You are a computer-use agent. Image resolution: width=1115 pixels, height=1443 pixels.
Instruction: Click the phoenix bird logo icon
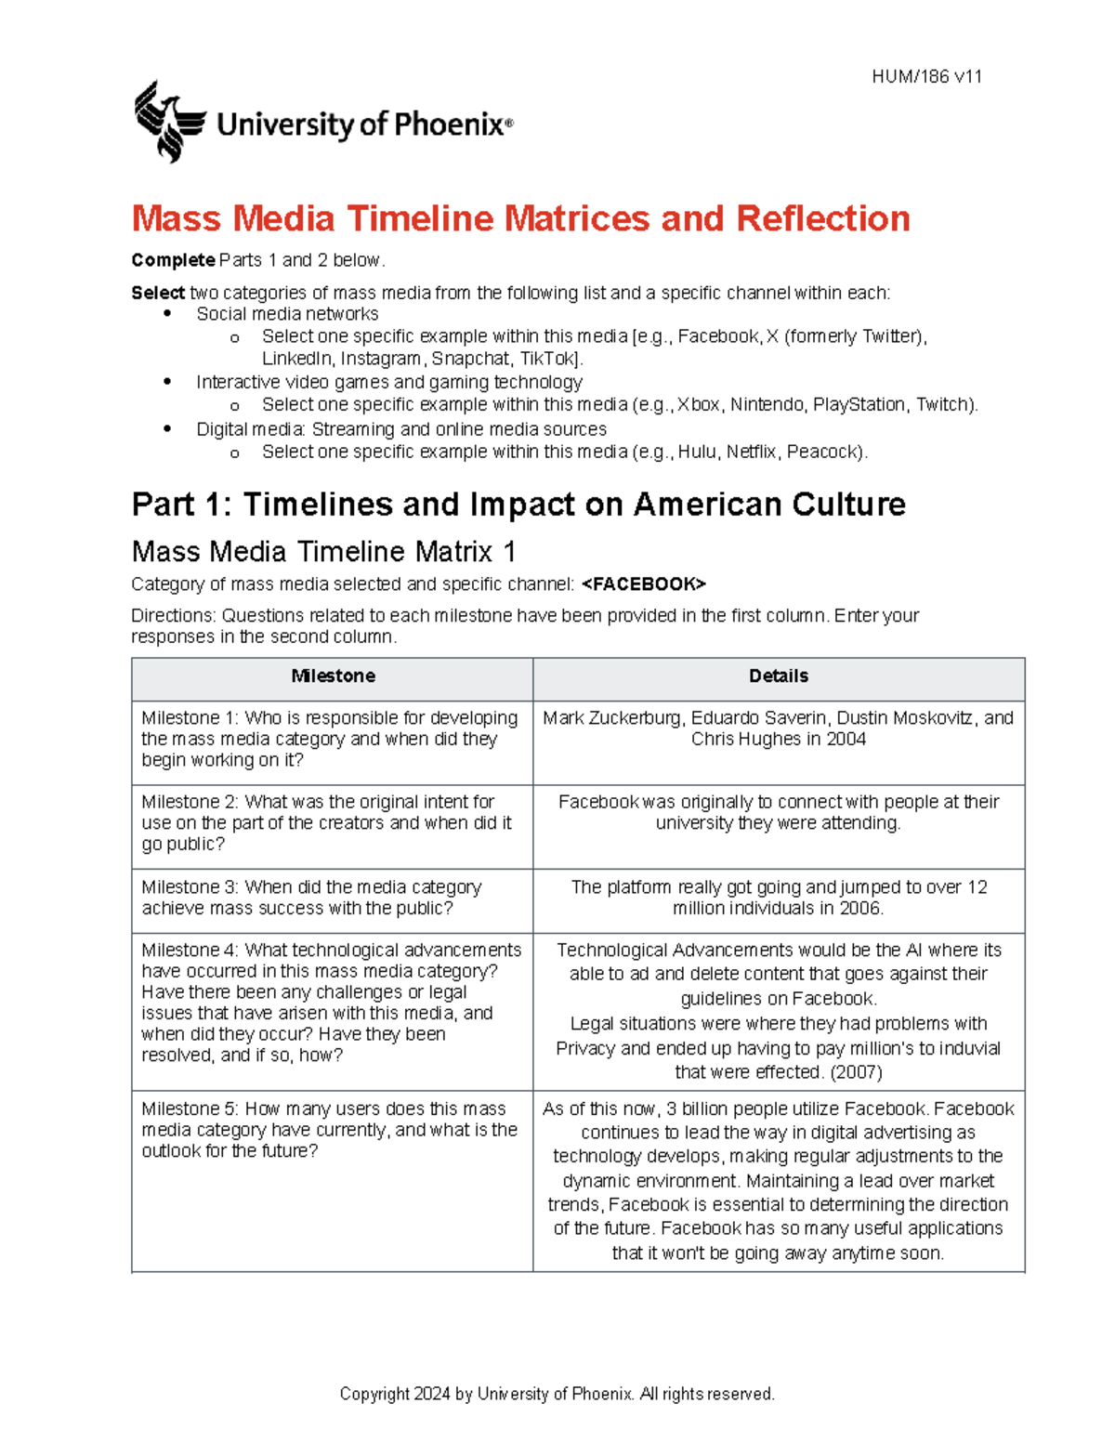[x=168, y=122]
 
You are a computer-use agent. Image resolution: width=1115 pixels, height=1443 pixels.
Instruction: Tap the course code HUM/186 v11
[x=926, y=77]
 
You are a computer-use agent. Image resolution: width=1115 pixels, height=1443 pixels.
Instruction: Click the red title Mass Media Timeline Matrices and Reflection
[x=520, y=218]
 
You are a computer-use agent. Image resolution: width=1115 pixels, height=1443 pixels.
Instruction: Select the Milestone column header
[x=333, y=676]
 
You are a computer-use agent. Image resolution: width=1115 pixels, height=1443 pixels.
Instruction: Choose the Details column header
[x=778, y=676]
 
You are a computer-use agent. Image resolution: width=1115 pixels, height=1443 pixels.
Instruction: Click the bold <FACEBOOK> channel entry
[x=644, y=584]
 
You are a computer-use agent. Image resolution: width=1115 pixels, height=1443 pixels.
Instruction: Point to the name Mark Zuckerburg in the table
[x=612, y=718]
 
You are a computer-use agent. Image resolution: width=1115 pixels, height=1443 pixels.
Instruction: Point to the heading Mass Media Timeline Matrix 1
[x=323, y=552]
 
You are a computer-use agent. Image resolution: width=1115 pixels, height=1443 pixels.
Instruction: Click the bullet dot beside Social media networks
[x=167, y=314]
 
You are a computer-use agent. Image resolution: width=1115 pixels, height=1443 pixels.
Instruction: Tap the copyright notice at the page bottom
[x=557, y=1394]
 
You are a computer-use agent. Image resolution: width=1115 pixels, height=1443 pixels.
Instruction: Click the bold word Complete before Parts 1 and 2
[x=173, y=260]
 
